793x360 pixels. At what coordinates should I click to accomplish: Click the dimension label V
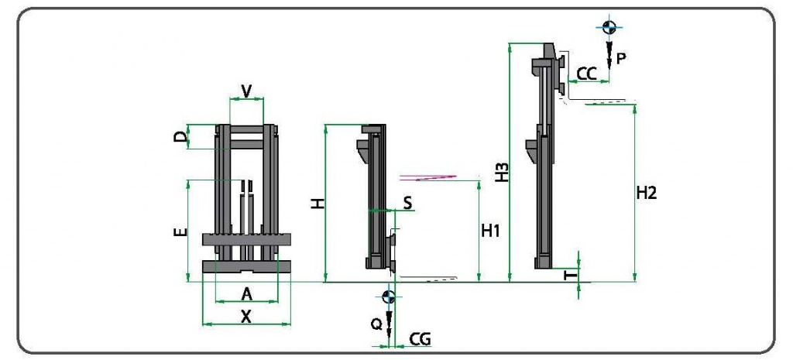pyautogui.click(x=246, y=91)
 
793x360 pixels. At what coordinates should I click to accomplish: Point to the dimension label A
pyautogui.click(x=246, y=293)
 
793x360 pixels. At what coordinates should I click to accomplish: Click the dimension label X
pyautogui.click(x=246, y=316)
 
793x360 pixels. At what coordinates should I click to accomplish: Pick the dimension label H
pyautogui.click(x=318, y=204)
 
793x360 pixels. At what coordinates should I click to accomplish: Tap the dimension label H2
pyautogui.click(x=646, y=194)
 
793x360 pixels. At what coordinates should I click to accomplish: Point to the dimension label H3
pyautogui.click(x=502, y=173)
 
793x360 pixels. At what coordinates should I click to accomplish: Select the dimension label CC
pyautogui.click(x=587, y=74)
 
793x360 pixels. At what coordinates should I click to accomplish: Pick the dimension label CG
pyautogui.click(x=420, y=338)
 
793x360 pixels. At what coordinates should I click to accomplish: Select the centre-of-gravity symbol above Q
pyautogui.click(x=388, y=297)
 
